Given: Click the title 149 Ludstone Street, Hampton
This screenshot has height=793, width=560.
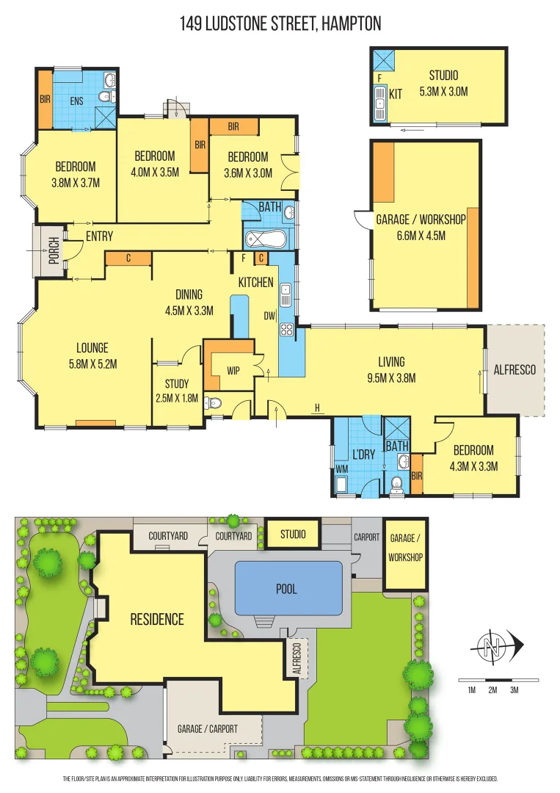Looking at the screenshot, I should tap(280, 23).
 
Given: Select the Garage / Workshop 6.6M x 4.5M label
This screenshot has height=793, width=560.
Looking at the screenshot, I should tap(421, 228).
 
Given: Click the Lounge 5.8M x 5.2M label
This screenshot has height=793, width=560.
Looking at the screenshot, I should tap(92, 355).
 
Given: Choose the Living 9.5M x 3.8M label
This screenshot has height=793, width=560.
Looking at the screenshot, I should tap(391, 369).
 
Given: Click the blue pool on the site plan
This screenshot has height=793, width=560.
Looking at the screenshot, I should tap(288, 589).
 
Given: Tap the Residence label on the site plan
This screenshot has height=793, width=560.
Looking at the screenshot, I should tap(157, 619).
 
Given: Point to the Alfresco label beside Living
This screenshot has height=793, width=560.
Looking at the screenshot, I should tap(514, 369).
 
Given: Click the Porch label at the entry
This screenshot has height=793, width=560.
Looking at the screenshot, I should tap(53, 251).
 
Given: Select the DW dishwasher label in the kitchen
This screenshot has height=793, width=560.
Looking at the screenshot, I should tap(270, 316).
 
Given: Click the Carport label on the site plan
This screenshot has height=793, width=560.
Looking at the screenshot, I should tap(366, 537).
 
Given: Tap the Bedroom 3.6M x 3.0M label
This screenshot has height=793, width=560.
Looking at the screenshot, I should tap(247, 165).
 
